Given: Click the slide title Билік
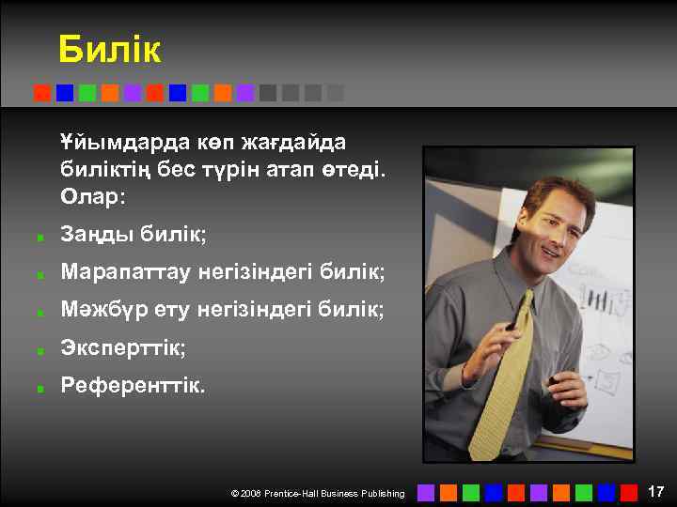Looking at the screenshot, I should pyautogui.click(x=109, y=50).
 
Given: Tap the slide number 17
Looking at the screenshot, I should pyautogui.click(x=655, y=491).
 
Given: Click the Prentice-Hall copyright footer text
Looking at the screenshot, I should pyautogui.click(x=318, y=493).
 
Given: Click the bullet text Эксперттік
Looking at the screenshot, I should pyautogui.click(x=123, y=347).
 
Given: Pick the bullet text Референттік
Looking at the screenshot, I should pyautogui.click(x=132, y=385).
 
